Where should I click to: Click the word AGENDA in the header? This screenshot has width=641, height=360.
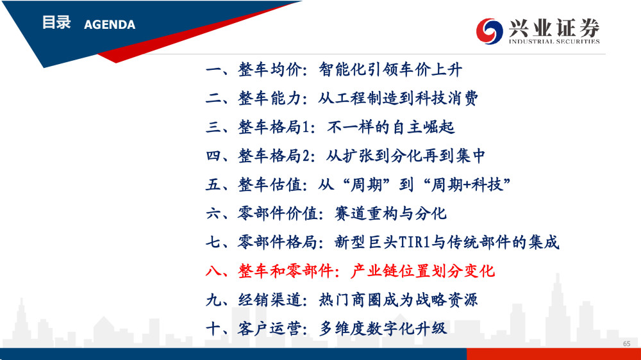[110, 24]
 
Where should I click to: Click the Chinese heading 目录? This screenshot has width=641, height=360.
[56, 22]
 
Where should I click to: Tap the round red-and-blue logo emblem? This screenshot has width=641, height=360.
[489, 31]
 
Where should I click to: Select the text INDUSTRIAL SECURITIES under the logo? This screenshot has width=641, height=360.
[554, 41]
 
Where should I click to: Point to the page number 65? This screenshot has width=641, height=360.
[627, 343]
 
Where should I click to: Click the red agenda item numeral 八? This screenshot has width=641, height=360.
[213, 271]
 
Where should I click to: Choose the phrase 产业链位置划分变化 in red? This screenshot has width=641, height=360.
[422, 271]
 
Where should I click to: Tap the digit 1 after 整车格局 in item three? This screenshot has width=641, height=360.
[305, 127]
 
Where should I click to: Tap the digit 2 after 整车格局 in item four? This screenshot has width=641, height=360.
[305, 156]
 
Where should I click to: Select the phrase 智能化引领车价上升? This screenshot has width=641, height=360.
[390, 69]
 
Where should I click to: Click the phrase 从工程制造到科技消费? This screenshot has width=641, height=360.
[398, 99]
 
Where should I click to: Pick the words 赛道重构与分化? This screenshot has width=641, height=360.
[390, 214]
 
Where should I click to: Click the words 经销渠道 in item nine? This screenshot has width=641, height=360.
[270, 300]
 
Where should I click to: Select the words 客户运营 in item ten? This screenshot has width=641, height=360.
[270, 329]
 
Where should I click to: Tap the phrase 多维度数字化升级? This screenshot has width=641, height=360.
[383, 329]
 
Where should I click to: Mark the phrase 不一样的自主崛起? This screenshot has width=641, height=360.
[390, 127]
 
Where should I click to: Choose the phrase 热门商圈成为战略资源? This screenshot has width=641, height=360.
[398, 300]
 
